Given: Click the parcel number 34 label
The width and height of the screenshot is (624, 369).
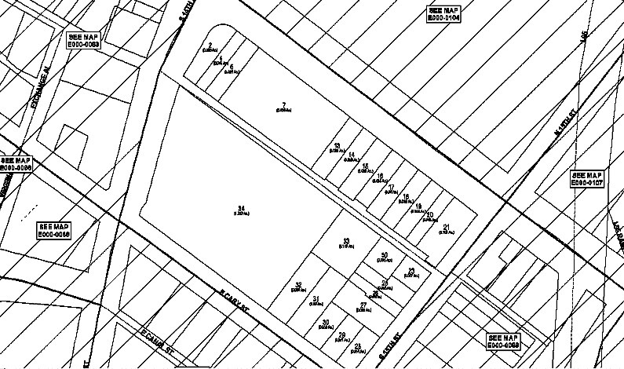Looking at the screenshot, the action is tap(242, 208).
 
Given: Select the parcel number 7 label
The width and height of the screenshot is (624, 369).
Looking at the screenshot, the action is tap(283, 105).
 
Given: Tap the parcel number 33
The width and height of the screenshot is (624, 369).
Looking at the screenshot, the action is tap(345, 241).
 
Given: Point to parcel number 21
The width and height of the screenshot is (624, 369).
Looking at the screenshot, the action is tap(447, 228).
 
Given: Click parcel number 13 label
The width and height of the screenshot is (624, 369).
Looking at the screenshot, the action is tap(337, 146).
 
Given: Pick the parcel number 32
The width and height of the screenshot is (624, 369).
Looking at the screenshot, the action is tap(298, 285).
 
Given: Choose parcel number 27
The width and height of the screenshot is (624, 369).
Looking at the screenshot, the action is tap(363, 305).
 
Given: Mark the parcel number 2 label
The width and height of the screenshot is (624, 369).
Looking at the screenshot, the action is tap(210, 46).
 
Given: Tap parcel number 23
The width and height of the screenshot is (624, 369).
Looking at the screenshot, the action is tap(411, 271).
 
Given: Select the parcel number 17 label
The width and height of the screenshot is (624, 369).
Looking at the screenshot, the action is tap(392, 187).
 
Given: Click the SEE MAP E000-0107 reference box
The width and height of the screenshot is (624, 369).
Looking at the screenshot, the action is tap(586, 179).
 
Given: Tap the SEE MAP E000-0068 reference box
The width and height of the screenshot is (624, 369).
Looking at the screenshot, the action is tap(53, 230).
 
